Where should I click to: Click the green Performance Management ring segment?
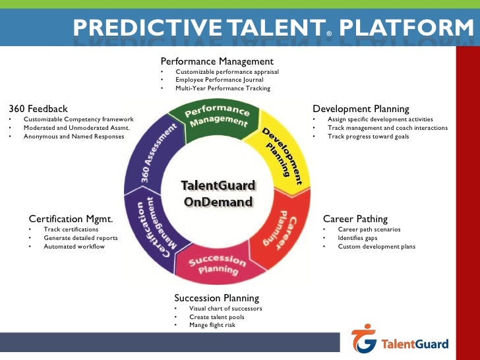(216, 117)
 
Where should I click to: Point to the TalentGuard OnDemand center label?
(218, 194)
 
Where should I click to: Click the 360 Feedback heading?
(38, 109)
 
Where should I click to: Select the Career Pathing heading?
(355, 219)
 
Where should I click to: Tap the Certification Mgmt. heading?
(71, 219)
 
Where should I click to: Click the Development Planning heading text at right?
(361, 109)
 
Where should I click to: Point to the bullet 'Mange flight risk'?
(212, 324)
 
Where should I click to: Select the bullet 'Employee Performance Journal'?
(220, 79)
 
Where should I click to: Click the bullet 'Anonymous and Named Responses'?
(73, 136)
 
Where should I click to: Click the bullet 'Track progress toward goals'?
(368, 136)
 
